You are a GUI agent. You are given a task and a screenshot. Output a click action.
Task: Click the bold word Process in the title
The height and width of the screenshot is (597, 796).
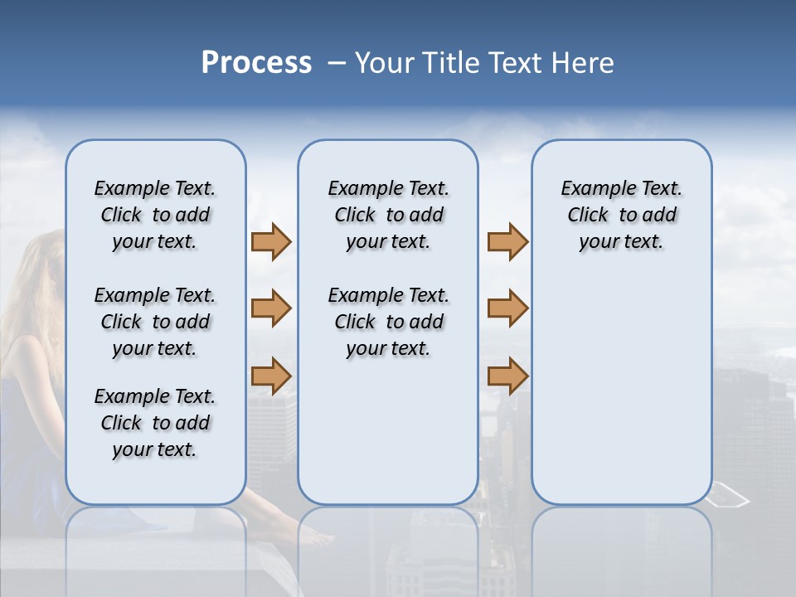pyautogui.click(x=256, y=63)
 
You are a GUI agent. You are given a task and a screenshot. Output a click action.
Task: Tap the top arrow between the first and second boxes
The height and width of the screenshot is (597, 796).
pyautogui.click(x=271, y=242)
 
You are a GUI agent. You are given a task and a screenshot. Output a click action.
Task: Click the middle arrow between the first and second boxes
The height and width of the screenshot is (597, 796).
pyautogui.click(x=271, y=308)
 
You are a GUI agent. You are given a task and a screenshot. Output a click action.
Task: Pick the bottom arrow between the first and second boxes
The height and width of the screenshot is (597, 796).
pyautogui.click(x=271, y=376)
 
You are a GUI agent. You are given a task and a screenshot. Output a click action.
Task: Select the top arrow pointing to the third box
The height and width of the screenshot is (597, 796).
pyautogui.click(x=507, y=242)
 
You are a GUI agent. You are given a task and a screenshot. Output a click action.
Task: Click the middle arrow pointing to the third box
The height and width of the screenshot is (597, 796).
pyautogui.click(x=507, y=308)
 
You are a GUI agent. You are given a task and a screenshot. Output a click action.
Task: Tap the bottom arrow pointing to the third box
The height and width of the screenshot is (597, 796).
pyautogui.click(x=507, y=376)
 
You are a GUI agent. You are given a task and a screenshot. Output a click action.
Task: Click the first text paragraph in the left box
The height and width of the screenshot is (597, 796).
pyautogui.click(x=155, y=216)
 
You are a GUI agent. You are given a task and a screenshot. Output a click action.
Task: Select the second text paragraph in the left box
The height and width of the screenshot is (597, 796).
pyautogui.click(x=155, y=322)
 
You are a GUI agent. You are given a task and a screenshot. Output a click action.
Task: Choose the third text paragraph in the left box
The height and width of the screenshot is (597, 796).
pyautogui.click(x=155, y=423)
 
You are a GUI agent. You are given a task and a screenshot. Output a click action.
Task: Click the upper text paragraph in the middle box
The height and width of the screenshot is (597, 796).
pyautogui.click(x=388, y=216)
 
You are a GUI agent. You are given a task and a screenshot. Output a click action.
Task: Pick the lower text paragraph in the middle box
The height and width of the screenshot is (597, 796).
pyautogui.click(x=388, y=322)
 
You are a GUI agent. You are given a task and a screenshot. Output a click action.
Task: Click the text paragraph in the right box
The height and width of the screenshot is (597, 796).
pyautogui.click(x=621, y=216)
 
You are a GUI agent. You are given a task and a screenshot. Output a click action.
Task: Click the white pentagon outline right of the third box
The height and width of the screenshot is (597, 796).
pyautogui.click(x=730, y=497)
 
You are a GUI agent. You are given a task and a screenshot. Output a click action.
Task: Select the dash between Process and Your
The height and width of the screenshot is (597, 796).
pyautogui.click(x=337, y=63)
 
